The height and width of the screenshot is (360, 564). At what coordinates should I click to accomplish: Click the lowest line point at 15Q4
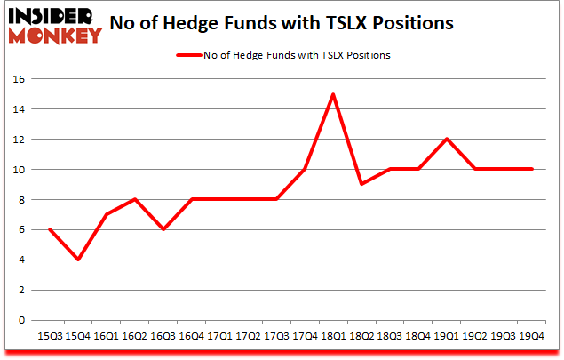(x=77, y=260)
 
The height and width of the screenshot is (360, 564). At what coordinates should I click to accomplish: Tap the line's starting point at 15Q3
(x=49, y=229)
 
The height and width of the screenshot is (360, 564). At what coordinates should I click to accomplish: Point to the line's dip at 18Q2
(x=361, y=184)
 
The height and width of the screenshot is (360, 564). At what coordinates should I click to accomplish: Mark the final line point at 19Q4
(x=531, y=169)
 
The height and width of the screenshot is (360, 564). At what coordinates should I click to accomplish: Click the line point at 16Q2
(x=134, y=199)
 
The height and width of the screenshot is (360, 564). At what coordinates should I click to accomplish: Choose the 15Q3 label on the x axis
(x=49, y=336)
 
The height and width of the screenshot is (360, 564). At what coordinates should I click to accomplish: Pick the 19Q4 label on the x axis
(x=531, y=336)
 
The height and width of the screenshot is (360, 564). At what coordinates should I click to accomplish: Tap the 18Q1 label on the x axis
(x=333, y=336)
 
